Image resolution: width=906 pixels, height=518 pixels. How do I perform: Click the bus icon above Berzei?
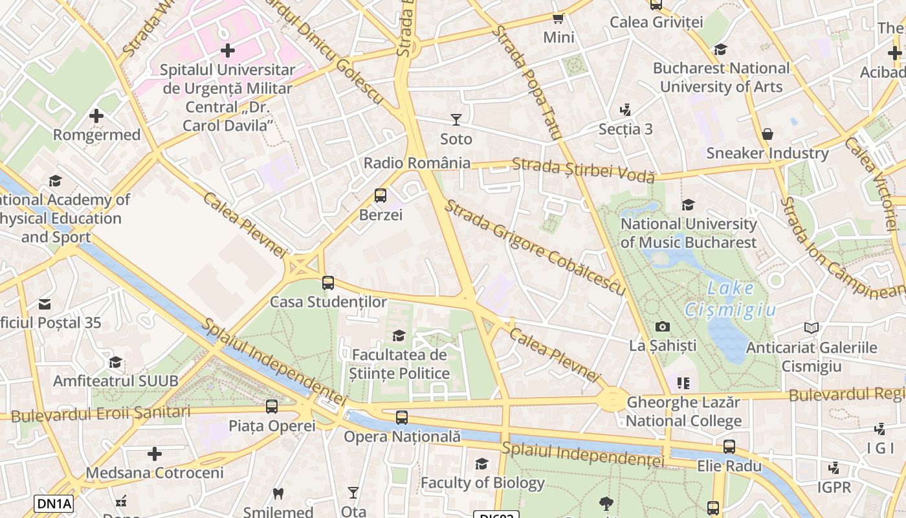[x=381, y=195]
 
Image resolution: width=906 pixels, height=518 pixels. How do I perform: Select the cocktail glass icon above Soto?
[x=456, y=120]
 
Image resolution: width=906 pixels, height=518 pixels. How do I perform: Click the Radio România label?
[x=417, y=163]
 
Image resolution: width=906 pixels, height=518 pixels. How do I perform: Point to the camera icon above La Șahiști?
[x=663, y=326]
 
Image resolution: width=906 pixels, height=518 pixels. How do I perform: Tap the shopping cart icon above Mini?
[x=558, y=18]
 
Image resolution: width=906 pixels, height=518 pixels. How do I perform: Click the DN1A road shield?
[x=54, y=504]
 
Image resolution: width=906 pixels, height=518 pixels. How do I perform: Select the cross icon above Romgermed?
[x=96, y=116]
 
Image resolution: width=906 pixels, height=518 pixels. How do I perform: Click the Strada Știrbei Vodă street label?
[x=583, y=170]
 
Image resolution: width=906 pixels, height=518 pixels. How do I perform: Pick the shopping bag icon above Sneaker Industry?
[x=767, y=134]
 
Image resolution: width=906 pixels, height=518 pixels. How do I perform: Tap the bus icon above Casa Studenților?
[x=328, y=282]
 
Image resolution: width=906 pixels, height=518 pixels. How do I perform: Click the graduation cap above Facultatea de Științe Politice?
[x=399, y=335]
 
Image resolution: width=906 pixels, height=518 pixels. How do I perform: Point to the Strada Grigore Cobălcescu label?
[x=535, y=247]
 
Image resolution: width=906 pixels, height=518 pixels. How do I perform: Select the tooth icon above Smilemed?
[x=278, y=493]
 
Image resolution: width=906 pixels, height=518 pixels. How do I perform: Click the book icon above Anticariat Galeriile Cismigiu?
[x=811, y=328]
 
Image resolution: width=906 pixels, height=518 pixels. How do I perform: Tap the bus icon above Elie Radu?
[x=729, y=446]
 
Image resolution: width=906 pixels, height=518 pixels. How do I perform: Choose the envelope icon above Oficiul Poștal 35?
[x=45, y=304]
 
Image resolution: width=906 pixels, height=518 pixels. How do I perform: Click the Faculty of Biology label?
[x=483, y=482]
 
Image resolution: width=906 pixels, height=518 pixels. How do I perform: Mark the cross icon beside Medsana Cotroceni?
[x=155, y=453]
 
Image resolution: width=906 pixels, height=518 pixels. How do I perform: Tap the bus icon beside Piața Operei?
[x=272, y=407]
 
